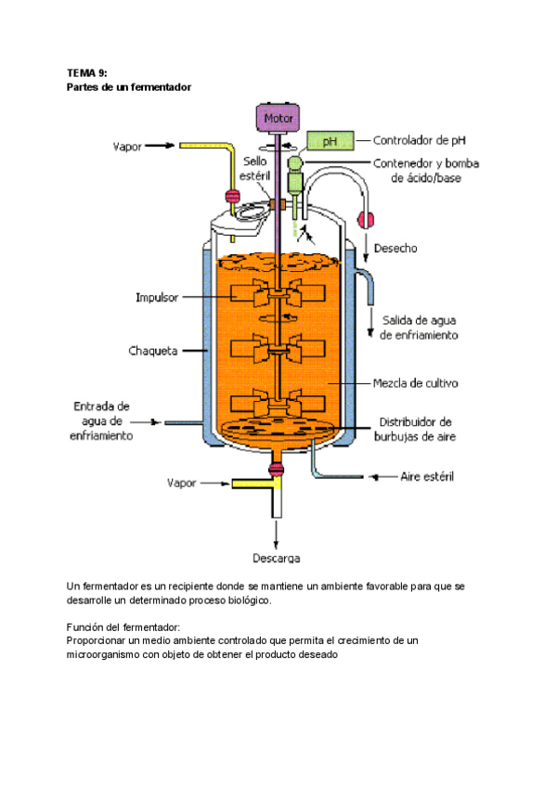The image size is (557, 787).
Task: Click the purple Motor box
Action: coord(278,119)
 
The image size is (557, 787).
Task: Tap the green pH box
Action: coord(329,141)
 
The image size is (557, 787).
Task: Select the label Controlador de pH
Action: coord(419,141)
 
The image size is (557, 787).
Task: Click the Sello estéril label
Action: coord(255,167)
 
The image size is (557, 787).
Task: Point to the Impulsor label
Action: coord(157,297)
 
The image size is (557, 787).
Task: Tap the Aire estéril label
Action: coord(427,476)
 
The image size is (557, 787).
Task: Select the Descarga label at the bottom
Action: coord(276,558)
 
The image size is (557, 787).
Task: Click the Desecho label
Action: coord(395,248)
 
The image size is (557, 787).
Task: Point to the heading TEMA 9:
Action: coord(88,71)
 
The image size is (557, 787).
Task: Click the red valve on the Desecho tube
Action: coord(365,221)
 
